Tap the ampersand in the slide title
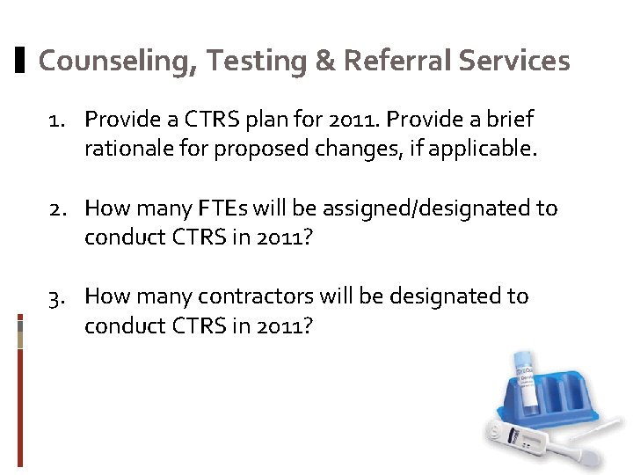tap(323, 62)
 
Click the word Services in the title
tap(516, 62)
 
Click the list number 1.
tap(56, 119)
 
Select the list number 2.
tap(56, 208)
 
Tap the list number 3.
tap(56, 296)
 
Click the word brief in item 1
tap(510, 119)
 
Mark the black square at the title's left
tap(21, 62)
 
